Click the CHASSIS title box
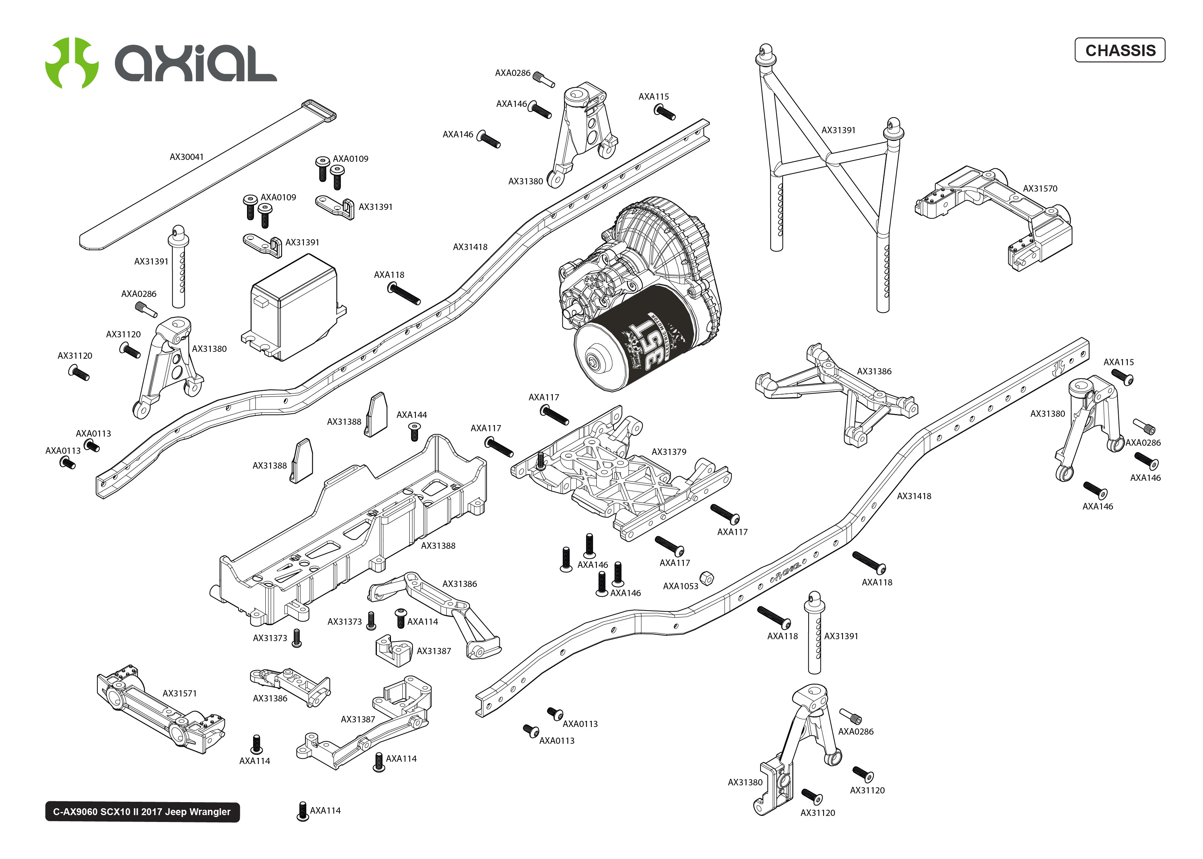(x=1119, y=50)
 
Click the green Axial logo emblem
(x=71, y=63)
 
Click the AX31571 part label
(x=179, y=693)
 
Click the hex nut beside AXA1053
(x=706, y=578)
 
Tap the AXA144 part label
(x=412, y=415)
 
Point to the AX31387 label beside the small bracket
(x=434, y=651)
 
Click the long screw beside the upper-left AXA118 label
(x=404, y=293)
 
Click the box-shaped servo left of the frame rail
(x=294, y=307)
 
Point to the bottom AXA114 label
(x=325, y=810)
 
